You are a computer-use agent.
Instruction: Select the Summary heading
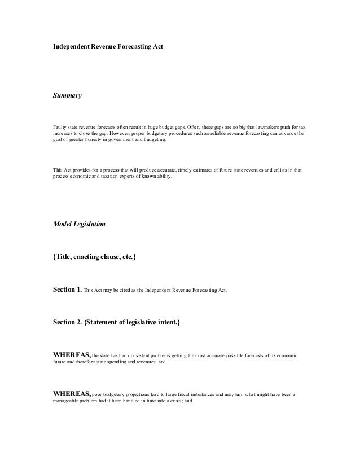pos(67,96)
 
